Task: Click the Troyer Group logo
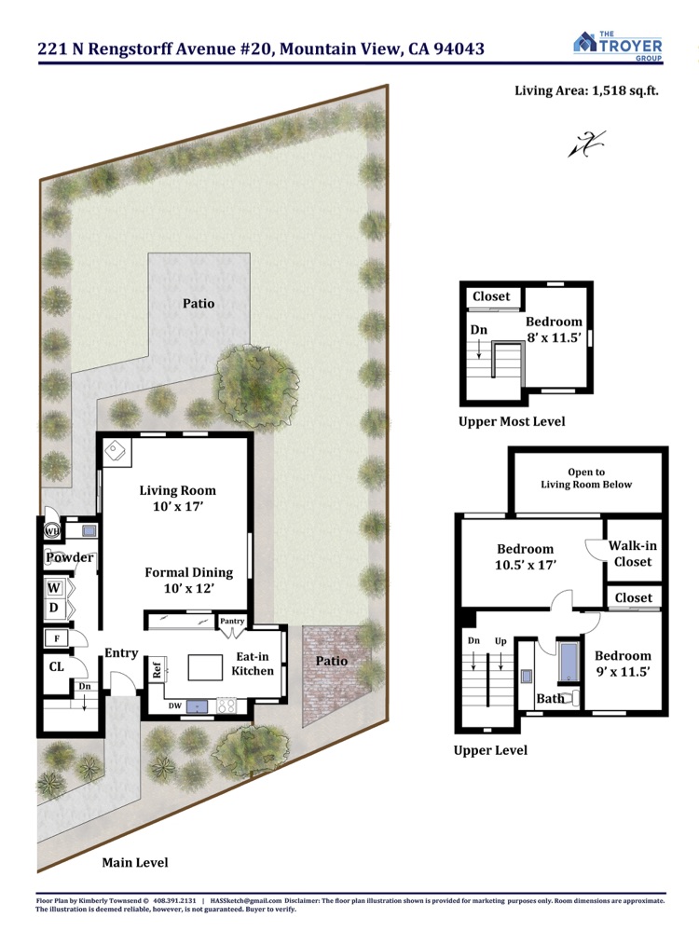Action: (618, 46)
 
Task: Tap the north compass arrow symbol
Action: (587, 144)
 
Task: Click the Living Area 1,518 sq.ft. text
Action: (586, 90)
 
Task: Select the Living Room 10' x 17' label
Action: (178, 499)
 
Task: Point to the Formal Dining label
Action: (188, 572)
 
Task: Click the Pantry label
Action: (232, 621)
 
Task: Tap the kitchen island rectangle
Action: (205, 667)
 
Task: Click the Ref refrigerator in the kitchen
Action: (158, 669)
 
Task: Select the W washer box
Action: (54, 588)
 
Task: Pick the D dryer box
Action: (54, 609)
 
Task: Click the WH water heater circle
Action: (52, 531)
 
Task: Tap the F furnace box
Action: (57, 638)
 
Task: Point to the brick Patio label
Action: (332, 661)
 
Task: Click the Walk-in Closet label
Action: (633, 554)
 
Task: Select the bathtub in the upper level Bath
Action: (569, 661)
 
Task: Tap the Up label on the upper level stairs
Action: (500, 641)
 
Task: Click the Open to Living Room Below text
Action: (586, 478)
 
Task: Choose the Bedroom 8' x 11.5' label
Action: (554, 329)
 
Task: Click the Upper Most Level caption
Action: (512, 421)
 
